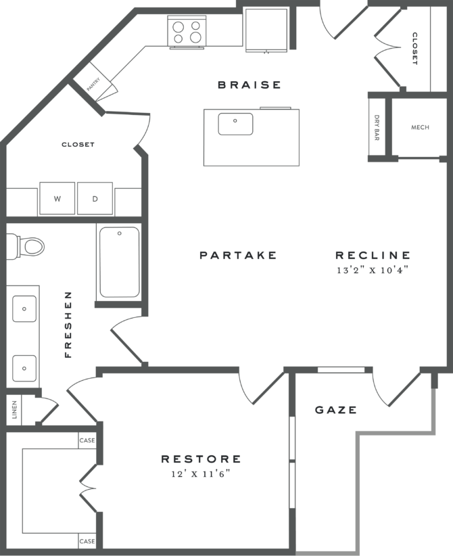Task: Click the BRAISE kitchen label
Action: coord(239,85)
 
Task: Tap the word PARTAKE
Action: coord(238,256)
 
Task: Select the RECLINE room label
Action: coord(373,256)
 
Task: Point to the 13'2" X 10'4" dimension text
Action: coord(373,269)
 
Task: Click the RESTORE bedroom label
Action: coord(201,459)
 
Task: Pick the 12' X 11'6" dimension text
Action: coord(201,473)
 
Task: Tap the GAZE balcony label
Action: coord(335,410)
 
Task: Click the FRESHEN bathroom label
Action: coord(68,325)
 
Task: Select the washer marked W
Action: coord(57,199)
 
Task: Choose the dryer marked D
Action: coord(95,199)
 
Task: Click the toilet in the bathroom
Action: coord(27,245)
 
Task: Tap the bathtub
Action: coord(119,262)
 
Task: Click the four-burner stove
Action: coord(187,32)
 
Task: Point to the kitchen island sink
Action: coord(235,124)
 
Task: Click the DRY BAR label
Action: coord(377,128)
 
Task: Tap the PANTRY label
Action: coord(93,84)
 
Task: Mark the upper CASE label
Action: coord(87,440)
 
